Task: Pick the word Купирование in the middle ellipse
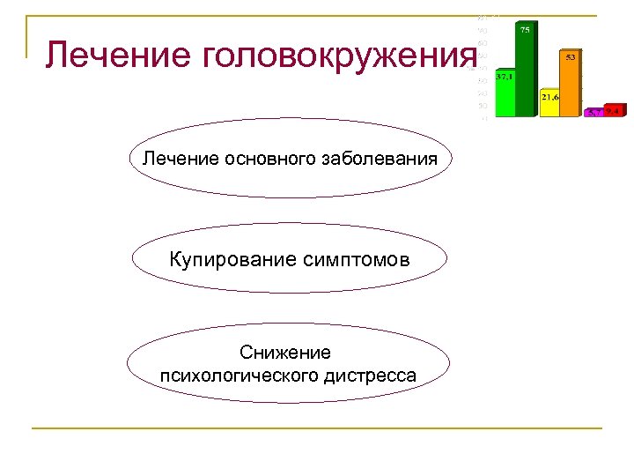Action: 228,261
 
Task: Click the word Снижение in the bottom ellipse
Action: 289,353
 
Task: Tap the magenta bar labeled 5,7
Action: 595,113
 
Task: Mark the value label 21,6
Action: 550,95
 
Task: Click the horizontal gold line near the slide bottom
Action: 317,428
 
